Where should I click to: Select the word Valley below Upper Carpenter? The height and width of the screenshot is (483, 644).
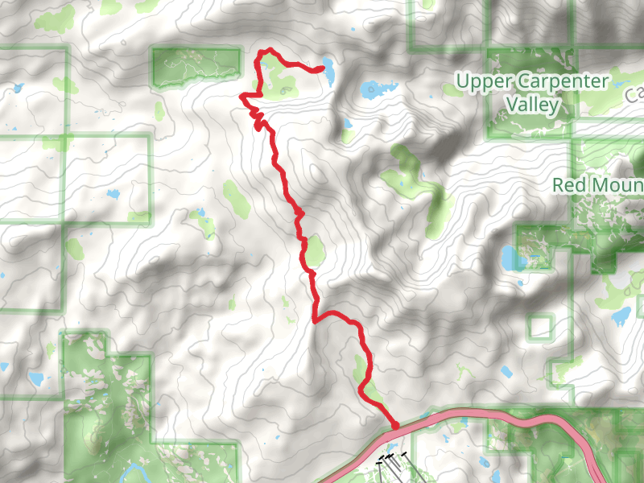[x=531, y=104]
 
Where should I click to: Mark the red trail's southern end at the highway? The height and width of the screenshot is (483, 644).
[x=395, y=425]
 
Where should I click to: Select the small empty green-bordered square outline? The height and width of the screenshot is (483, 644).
[x=542, y=327]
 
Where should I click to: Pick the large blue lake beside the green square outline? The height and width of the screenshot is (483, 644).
[x=510, y=258]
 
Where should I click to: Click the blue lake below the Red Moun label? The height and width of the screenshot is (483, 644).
[x=621, y=316]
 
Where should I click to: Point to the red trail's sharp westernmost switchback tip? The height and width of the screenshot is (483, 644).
[x=242, y=97]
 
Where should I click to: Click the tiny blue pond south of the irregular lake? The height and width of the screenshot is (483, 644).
[x=347, y=125]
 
